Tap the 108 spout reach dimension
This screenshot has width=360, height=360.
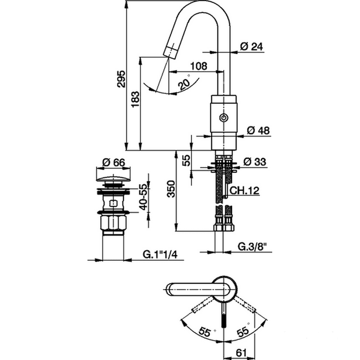pos(199,66)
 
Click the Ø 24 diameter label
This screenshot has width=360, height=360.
pos(251,46)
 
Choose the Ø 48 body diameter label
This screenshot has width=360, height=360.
pos(258,131)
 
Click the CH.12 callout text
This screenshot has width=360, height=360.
pos(244,191)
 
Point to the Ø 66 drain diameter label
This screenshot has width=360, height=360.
pos(114,162)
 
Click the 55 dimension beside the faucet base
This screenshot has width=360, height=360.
pos(187,160)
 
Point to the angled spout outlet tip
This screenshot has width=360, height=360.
pos(169,50)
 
